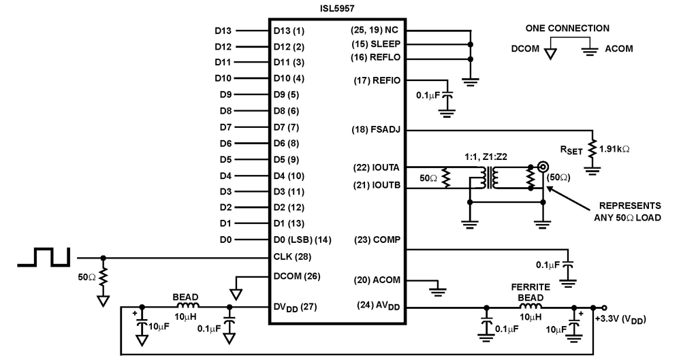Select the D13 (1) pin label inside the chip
point(289,31)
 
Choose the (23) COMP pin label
point(377,240)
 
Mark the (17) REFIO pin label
point(377,80)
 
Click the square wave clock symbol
point(42,257)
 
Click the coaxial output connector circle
point(543,166)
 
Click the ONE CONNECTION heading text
point(567,29)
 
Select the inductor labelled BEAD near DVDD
point(184,307)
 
